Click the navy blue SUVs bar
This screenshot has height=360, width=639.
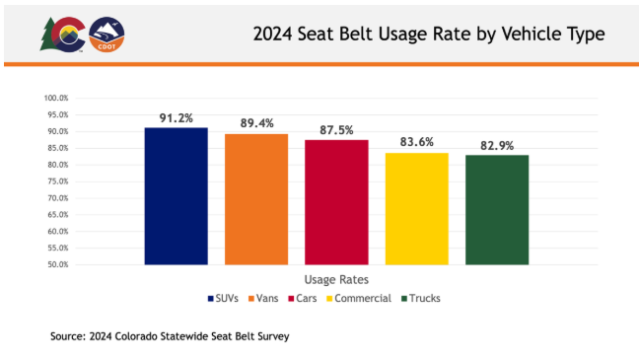(176, 196)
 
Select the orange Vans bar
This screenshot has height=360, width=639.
(256, 199)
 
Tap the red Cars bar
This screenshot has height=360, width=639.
(336, 202)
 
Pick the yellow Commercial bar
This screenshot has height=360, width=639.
(416, 209)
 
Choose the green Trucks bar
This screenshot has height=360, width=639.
(497, 210)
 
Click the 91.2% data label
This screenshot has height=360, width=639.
(177, 117)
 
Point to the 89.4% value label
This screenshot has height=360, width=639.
(256, 123)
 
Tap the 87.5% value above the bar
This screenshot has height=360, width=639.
(336, 130)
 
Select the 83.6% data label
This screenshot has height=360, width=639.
(417, 143)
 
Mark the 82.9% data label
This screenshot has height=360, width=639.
(497, 145)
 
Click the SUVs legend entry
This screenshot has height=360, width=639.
(228, 298)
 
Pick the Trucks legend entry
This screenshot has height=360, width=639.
(422, 298)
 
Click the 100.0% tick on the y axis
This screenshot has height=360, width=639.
(54, 99)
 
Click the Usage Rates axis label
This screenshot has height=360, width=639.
(336, 279)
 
